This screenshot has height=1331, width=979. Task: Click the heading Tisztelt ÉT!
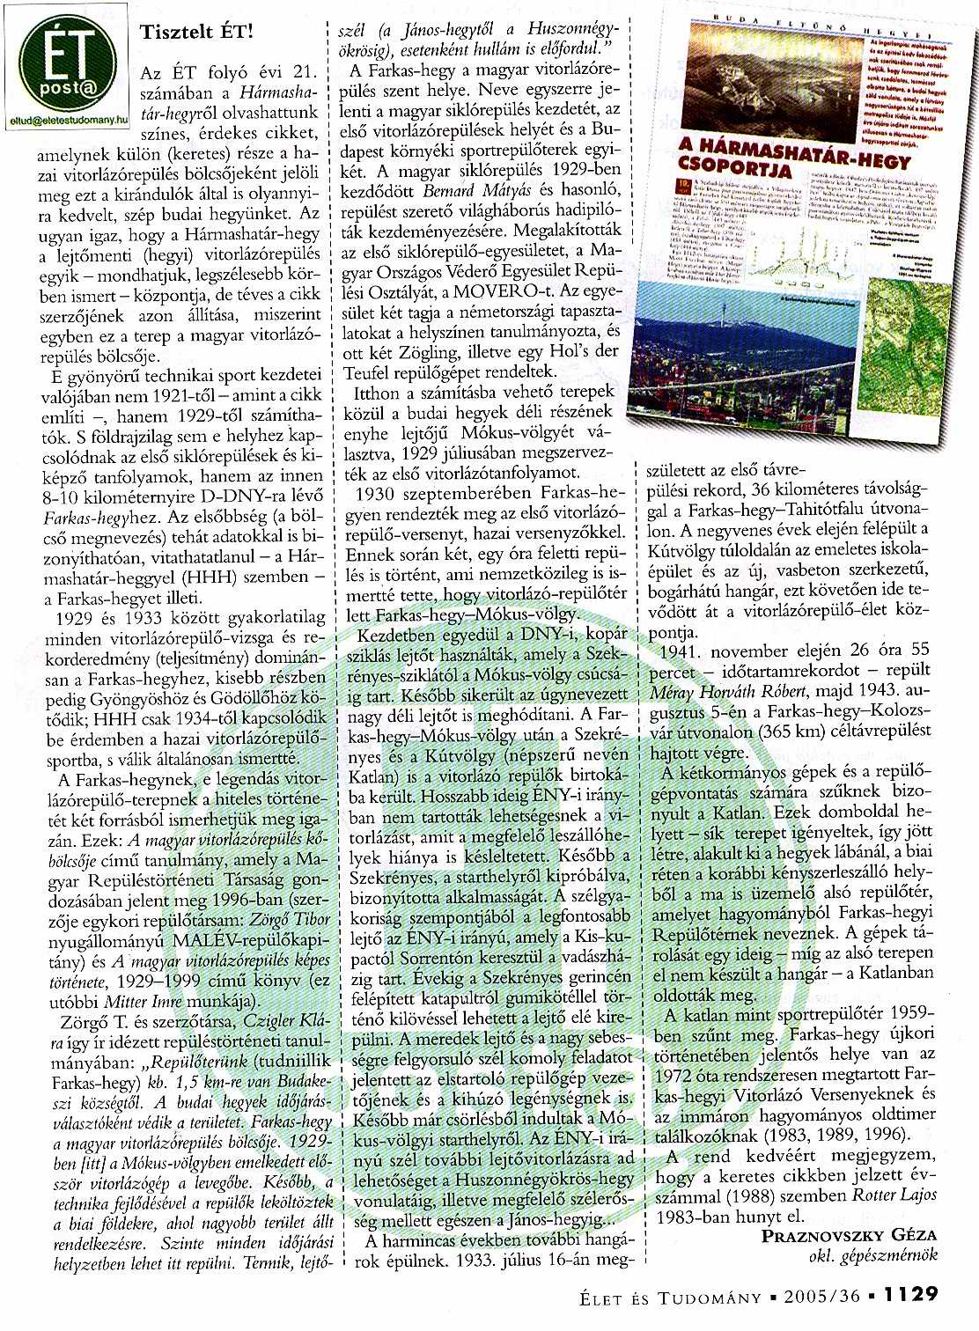(x=196, y=32)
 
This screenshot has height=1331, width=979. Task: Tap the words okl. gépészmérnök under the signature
(x=873, y=1255)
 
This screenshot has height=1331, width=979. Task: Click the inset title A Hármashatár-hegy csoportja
(x=771, y=158)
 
